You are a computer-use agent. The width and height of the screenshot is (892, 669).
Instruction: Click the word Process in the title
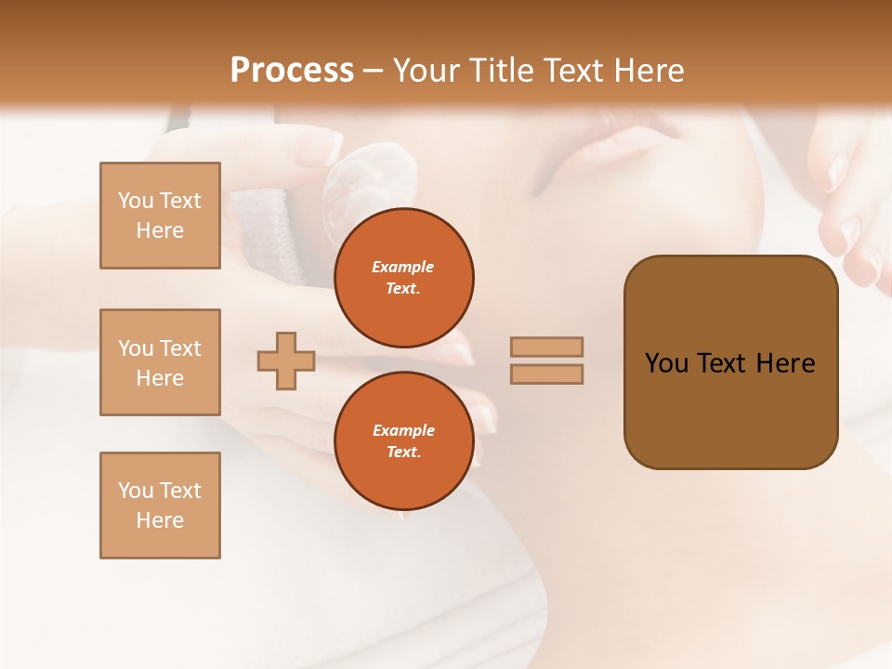(292, 71)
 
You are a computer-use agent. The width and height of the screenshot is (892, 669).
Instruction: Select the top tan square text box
(160, 216)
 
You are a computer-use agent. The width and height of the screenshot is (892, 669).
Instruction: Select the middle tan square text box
(160, 362)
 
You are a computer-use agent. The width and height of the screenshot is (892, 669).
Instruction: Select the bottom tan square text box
(160, 505)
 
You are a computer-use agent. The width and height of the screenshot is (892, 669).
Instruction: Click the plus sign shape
(286, 361)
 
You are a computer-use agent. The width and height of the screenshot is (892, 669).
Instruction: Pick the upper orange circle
(403, 277)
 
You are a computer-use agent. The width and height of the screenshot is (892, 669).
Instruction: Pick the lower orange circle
(403, 440)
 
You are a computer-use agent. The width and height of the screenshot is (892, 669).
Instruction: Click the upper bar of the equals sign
(546, 347)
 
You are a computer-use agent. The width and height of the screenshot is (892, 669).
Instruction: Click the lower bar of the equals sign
(546, 374)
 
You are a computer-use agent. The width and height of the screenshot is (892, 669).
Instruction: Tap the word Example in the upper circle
(403, 267)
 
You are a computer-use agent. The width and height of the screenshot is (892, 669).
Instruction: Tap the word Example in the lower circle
(403, 430)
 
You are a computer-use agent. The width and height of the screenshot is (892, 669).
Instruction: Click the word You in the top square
(135, 201)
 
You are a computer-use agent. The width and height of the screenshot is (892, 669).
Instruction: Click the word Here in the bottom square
(160, 520)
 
